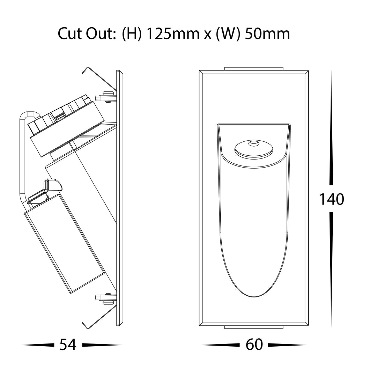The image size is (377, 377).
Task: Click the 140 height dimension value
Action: point(332,199)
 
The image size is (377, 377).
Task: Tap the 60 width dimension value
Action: point(254,345)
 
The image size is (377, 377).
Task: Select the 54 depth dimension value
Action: point(68,345)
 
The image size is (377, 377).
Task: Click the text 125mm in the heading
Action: point(173,34)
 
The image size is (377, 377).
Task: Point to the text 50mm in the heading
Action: point(267,34)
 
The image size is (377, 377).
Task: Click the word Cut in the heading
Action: point(70,34)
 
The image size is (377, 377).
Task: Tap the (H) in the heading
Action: point(132,34)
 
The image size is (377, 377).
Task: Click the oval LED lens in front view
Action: point(254,148)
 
